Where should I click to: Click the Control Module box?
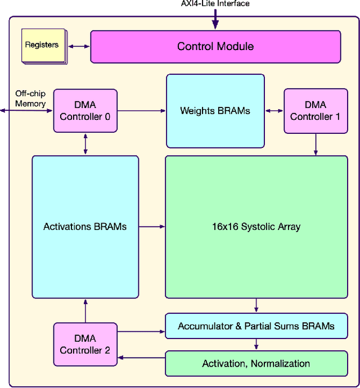coord(215,47)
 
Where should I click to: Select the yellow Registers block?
coord(42,45)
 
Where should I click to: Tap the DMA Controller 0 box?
coord(85,111)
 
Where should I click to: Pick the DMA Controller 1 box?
coord(316,111)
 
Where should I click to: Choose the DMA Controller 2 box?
coord(85,344)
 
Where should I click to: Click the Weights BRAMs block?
coord(215,111)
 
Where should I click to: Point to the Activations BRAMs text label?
coord(85,227)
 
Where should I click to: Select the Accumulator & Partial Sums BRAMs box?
coord(256,326)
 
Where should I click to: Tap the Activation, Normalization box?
coord(256,363)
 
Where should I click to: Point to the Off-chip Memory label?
coord(30,99)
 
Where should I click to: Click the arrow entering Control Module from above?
coord(215,20)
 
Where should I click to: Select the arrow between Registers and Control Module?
coord(78,47)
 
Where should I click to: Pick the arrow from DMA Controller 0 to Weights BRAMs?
coord(142,111)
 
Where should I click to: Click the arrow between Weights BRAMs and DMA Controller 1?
coord(274,111)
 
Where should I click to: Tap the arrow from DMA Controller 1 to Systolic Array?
coord(316,145)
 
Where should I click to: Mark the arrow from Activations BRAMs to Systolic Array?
coord(152,227)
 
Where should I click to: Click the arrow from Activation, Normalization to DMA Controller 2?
coord(141,357)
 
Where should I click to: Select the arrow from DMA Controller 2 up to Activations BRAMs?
coord(85,310)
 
